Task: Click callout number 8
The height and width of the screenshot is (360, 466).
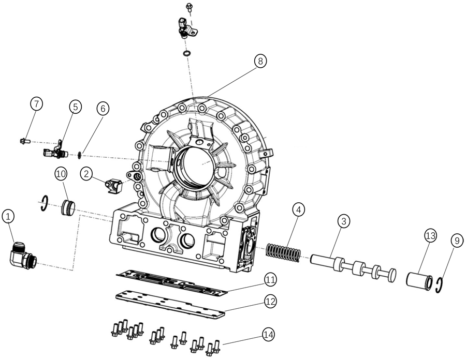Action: pyautogui.click(x=261, y=62)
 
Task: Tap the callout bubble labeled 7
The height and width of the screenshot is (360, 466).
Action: pyautogui.click(x=36, y=104)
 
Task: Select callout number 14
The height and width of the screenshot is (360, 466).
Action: pyautogui.click(x=268, y=335)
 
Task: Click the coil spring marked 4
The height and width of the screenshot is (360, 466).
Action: pyautogui.click(x=284, y=252)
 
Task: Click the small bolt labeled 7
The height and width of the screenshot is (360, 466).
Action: pyautogui.click(x=24, y=140)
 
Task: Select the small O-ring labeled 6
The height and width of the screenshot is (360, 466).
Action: pyautogui.click(x=78, y=154)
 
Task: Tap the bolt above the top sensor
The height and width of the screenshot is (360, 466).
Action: pyautogui.click(x=188, y=7)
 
